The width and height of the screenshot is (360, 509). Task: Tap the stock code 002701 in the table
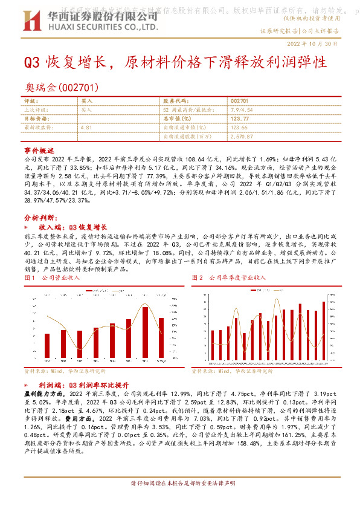tap(240, 101)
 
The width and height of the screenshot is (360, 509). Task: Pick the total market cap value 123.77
tap(240, 119)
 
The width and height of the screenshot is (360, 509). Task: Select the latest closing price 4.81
tap(86, 128)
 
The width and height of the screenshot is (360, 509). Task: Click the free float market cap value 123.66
tap(240, 128)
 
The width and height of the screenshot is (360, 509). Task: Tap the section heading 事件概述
tap(39, 149)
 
